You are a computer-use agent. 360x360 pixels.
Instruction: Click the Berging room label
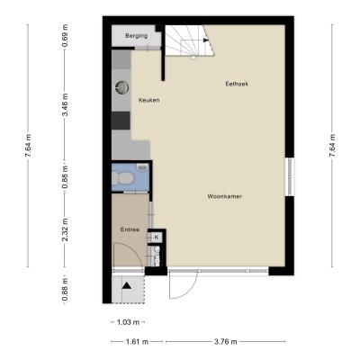136,36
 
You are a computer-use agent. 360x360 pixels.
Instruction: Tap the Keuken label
148,100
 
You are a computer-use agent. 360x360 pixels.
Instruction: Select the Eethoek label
237,84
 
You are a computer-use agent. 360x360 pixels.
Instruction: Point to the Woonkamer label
225,196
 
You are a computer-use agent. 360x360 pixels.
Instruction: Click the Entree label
130,229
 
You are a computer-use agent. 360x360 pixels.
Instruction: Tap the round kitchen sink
121,87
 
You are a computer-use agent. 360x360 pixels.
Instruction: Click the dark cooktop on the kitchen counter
121,121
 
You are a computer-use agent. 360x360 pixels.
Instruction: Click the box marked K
157,238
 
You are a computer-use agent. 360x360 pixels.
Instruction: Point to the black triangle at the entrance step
127,285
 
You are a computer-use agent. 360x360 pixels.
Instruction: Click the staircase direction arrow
206,40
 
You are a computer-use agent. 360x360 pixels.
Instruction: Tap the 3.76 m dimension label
226,341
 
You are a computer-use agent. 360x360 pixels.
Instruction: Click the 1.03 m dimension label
128,322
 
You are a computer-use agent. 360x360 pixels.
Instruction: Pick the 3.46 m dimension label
65,105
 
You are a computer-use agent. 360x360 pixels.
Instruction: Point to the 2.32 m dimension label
65,229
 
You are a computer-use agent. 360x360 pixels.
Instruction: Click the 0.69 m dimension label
65,36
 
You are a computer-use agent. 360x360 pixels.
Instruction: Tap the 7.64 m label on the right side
332,146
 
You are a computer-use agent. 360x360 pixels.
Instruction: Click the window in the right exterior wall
290,176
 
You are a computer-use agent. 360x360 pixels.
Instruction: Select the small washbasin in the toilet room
143,166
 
